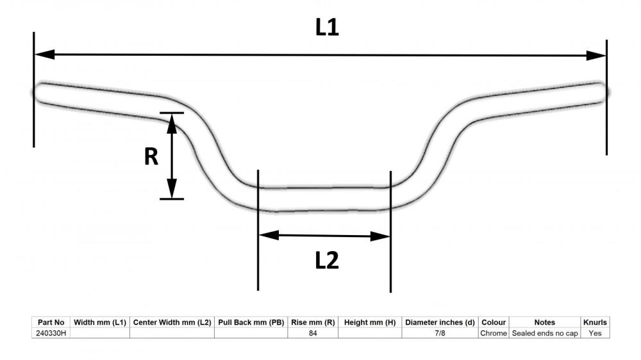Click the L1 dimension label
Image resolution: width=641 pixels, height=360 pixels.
[327, 28]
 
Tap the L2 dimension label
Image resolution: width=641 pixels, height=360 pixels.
[327, 260]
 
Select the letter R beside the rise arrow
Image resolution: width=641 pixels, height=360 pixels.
[151, 156]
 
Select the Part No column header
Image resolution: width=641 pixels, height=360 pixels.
[51, 322]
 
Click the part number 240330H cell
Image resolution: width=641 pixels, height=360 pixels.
[51, 333]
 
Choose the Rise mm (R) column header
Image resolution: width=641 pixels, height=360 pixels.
[313, 322]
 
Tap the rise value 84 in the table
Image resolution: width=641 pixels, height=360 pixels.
[313, 333]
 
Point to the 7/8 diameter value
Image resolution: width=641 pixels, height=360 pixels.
[440, 333]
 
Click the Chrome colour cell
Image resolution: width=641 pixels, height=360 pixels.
[494, 333]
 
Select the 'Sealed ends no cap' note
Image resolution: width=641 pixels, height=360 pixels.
[544, 333]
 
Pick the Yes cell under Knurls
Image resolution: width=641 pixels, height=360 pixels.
[595, 333]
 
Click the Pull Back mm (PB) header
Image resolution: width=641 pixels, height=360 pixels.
[251, 322]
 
